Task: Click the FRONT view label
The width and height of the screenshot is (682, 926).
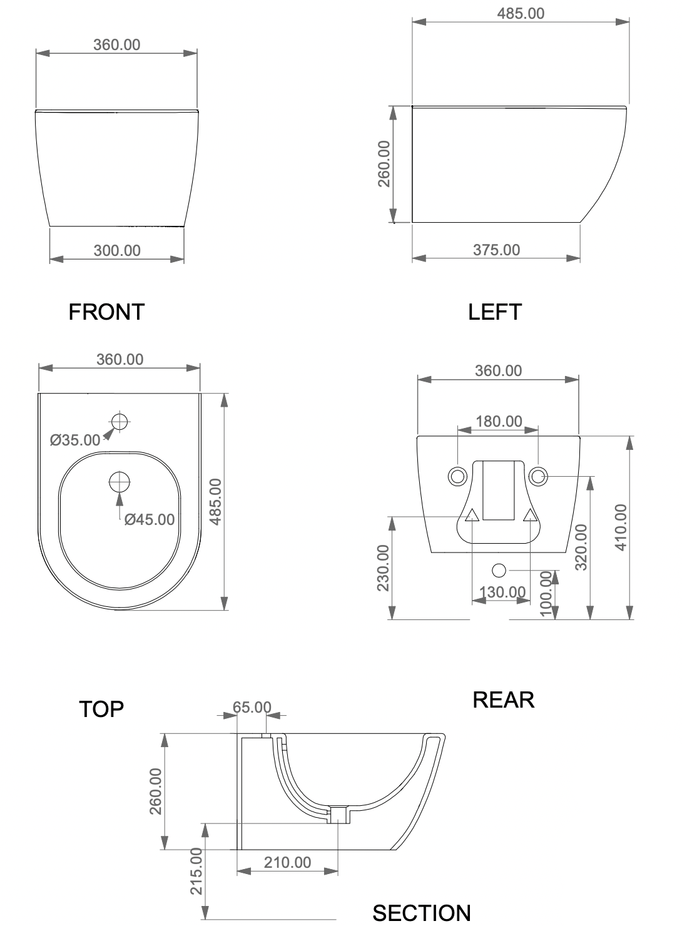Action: [106, 312]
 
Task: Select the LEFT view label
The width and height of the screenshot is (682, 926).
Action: [495, 312]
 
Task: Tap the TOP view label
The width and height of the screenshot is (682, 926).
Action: [101, 709]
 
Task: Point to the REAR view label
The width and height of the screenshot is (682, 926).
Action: [504, 700]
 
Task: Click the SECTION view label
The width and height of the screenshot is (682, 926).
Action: [422, 913]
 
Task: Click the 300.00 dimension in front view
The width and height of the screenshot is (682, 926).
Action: [117, 250]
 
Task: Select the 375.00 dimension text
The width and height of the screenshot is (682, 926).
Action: [496, 250]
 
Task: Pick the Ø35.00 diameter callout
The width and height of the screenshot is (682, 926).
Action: [75, 440]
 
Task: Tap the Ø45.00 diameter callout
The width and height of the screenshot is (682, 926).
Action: [150, 520]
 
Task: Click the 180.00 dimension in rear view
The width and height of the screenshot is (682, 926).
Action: [499, 421]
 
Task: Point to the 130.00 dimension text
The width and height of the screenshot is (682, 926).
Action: [502, 593]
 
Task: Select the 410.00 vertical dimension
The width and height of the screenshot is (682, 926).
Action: [621, 527]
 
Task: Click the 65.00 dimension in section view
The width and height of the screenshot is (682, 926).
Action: [252, 707]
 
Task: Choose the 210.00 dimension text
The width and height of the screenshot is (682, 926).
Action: [287, 863]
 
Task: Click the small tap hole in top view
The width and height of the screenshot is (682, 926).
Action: [120, 422]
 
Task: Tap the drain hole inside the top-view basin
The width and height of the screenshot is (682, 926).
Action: [120, 482]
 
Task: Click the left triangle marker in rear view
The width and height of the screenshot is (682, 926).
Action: [472, 516]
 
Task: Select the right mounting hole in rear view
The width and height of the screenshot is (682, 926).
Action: [537, 476]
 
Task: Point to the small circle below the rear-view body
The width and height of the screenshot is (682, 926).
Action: [499, 571]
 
